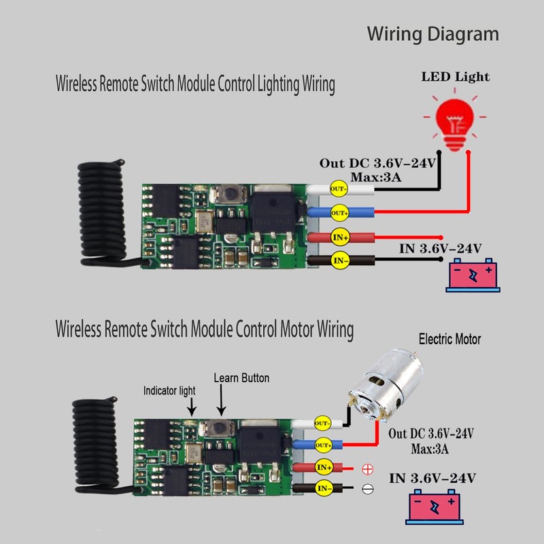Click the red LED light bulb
[454, 120]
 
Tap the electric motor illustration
[386, 385]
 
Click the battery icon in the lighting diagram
[473, 275]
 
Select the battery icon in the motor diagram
[435, 507]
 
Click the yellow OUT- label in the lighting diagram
[338, 189]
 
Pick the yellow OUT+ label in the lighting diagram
[339, 213]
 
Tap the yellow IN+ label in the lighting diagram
[340, 237]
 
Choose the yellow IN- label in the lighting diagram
[340, 260]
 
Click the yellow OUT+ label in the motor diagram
[323, 445]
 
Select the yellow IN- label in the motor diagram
[324, 488]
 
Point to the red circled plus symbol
[367, 469]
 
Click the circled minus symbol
[367, 489]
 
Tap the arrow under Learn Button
[221, 400]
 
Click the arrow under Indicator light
[192, 407]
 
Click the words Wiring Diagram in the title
[433, 35]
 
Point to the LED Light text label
[455, 77]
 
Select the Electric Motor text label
[449, 339]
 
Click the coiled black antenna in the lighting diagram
[101, 212]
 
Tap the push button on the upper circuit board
[229, 194]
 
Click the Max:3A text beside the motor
[430, 449]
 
